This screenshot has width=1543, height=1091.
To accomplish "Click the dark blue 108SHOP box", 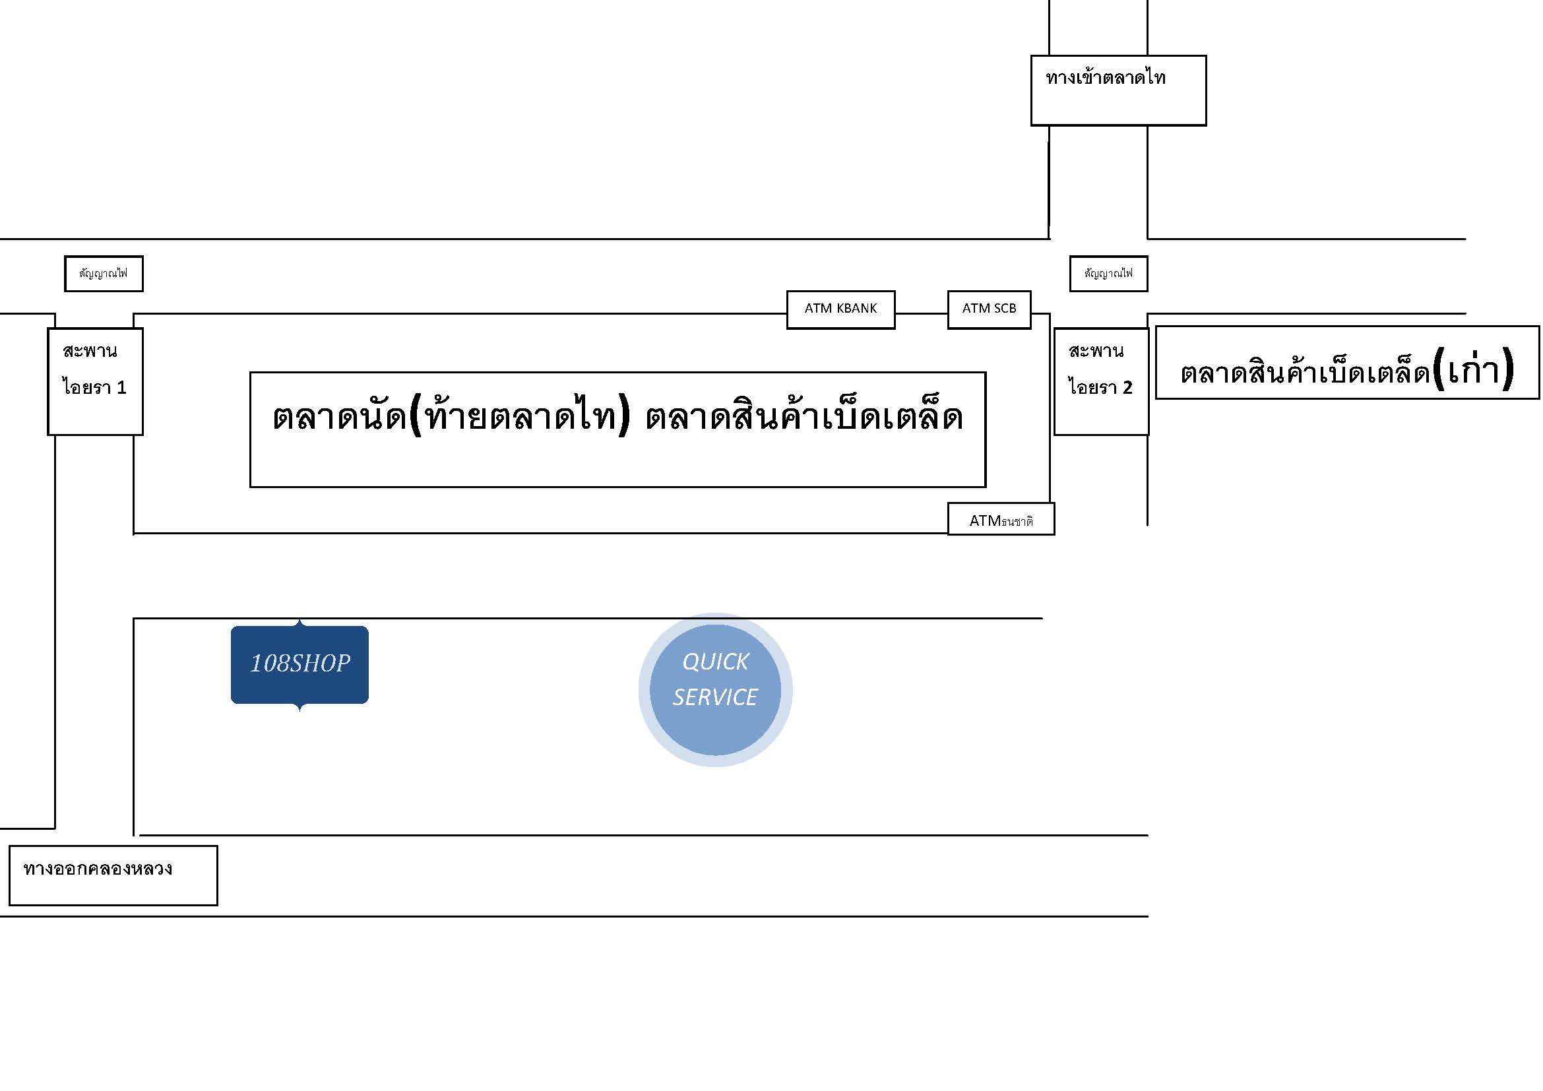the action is pos(299,664).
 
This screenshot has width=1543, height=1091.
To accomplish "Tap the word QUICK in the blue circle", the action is pos(715,662).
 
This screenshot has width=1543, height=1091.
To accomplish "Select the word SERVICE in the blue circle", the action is pos(715,697).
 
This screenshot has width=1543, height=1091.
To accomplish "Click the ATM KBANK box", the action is pos(840,310).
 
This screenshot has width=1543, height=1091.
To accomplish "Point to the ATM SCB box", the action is pos(990,310).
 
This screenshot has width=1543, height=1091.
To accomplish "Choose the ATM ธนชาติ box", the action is pos(1001,518).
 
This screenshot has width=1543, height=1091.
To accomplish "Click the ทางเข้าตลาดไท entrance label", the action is pos(1118,90).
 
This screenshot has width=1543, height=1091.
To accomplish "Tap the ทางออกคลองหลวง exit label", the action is pos(113,875).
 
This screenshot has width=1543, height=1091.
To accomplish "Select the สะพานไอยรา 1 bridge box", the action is pos(96,381).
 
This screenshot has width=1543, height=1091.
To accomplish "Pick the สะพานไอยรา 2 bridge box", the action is pos(1102,381).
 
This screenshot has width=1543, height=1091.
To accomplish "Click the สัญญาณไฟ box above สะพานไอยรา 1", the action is pos(104,274).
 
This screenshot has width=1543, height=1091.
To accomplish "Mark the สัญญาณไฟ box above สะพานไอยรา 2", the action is pos(1109,274).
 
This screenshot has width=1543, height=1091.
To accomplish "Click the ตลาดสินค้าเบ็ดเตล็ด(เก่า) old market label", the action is pos(1348,363).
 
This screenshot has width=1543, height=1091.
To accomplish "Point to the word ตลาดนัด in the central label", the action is pos(339,416).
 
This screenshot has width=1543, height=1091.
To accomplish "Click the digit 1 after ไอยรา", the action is pos(121,388).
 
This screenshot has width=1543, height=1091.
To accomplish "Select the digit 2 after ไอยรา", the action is pos(1127,388).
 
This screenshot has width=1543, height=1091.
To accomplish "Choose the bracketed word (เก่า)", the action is pos(1473,368).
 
